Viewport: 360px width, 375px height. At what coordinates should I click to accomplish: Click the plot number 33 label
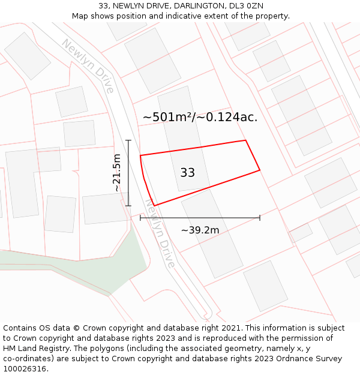coord(187,173)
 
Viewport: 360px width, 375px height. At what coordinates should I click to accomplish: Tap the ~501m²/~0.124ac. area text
coord(200,117)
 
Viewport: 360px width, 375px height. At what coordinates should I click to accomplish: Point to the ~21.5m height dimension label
coord(117,173)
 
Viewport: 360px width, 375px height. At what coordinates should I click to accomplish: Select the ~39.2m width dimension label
coord(200,230)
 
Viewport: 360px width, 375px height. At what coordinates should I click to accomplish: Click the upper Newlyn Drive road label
coord(88,66)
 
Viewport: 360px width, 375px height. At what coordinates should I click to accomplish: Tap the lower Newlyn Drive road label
coord(161,234)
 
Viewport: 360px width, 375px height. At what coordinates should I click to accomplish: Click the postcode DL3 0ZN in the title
coord(246,5)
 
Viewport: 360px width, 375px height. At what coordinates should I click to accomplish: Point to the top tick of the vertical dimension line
coord(128,140)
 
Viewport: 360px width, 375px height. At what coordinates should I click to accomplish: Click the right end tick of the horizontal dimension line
coord(260,218)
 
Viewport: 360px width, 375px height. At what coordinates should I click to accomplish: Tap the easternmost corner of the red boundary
coord(260,170)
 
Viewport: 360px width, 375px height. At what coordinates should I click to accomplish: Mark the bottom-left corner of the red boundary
coord(154,206)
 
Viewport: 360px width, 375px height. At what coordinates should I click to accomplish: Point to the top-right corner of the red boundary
coord(246,140)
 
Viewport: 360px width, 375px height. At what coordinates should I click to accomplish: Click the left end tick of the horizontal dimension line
coord(140,218)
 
